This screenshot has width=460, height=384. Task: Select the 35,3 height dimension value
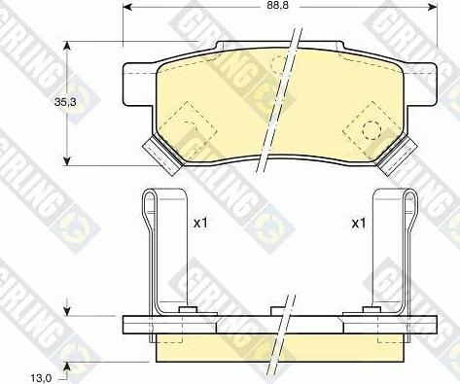click(65, 102)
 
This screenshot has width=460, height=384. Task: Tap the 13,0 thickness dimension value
click(41, 378)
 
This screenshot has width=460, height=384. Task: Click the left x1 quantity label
click(200, 223)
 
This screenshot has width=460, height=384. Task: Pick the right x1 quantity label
click(359, 223)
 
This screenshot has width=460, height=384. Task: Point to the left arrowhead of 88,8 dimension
click(128, 6)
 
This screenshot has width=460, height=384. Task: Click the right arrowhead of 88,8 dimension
click(432, 6)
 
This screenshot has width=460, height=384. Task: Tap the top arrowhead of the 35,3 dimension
click(67, 47)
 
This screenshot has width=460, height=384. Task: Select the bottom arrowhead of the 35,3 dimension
click(67, 160)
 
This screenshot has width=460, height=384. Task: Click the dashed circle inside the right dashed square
click(372, 130)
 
